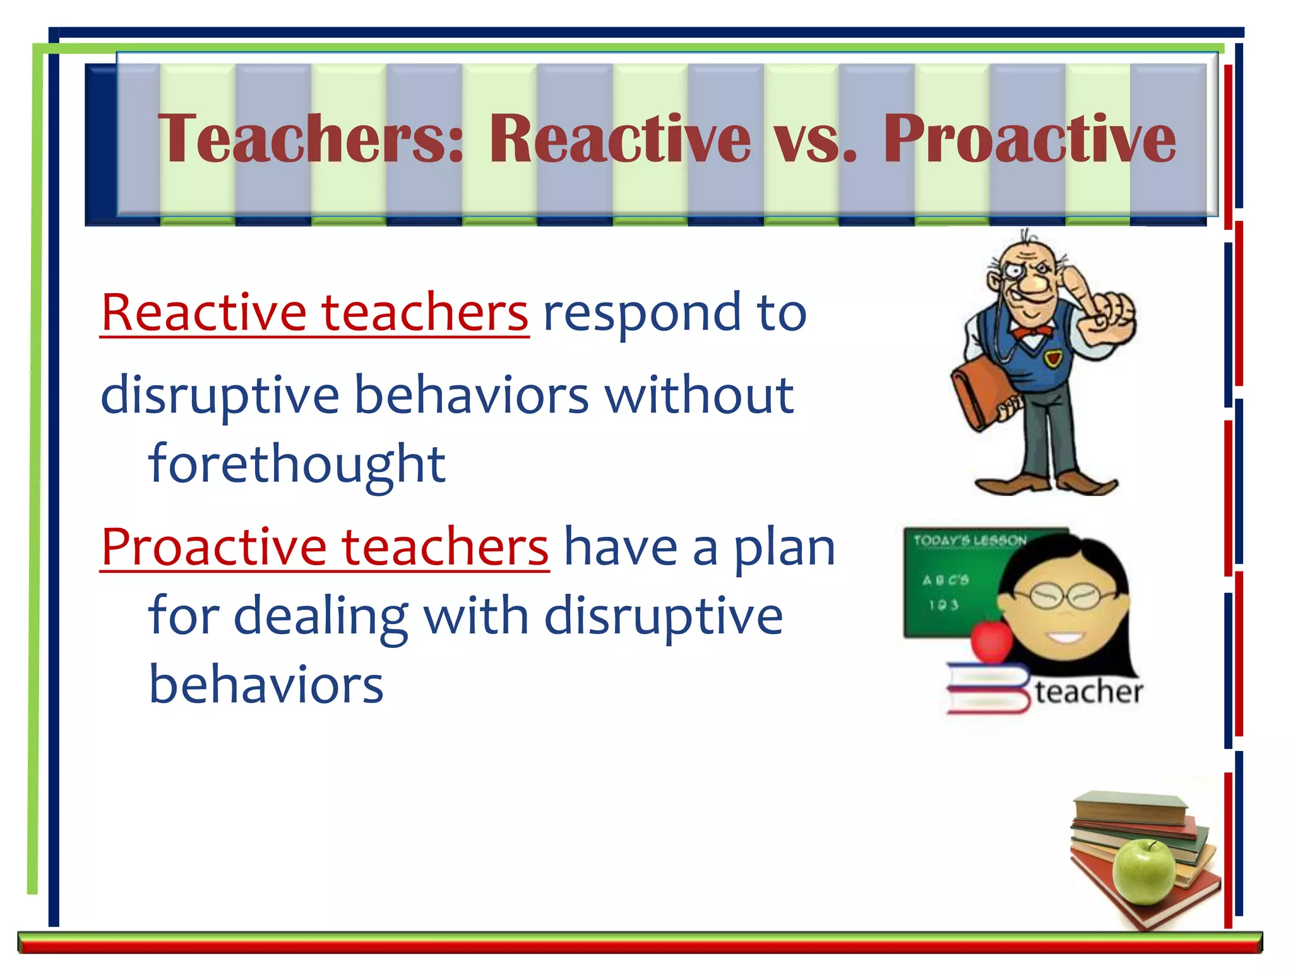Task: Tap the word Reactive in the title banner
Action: click(x=619, y=138)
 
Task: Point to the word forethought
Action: click(x=297, y=464)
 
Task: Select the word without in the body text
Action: click(x=698, y=395)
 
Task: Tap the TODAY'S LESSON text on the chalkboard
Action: click(x=970, y=541)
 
